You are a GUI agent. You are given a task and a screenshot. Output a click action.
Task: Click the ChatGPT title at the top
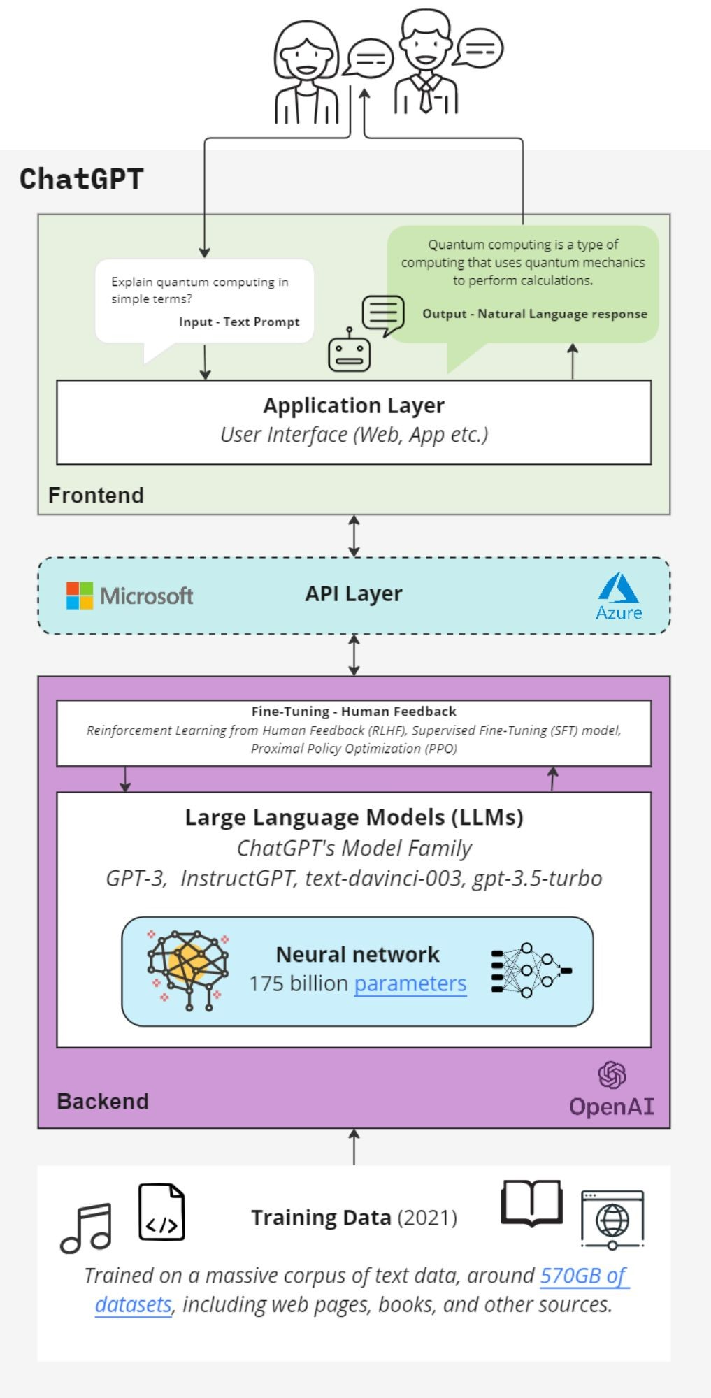[x=81, y=179]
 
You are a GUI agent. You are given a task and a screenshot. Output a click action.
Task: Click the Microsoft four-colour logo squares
[x=80, y=596]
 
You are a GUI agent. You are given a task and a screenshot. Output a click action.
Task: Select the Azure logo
[x=619, y=596]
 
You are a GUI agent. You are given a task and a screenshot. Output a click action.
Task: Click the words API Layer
[x=354, y=594]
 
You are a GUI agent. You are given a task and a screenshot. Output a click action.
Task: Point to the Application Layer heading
[x=354, y=405]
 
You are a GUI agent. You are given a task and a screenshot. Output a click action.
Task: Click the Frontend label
[x=96, y=496]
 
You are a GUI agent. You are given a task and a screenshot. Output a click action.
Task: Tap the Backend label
[x=103, y=1102]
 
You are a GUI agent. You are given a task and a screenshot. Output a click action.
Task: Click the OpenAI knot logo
[x=612, y=1075]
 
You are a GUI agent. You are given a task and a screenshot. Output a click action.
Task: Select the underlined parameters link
[x=410, y=983]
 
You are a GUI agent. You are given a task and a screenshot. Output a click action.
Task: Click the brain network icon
[x=187, y=970]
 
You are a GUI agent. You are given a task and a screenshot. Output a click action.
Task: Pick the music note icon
[x=87, y=1228]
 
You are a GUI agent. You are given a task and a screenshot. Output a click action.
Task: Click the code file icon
[x=161, y=1212]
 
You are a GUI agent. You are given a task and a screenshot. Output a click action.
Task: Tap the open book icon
[x=532, y=1203]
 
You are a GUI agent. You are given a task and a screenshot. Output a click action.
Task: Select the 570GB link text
[x=584, y=1276]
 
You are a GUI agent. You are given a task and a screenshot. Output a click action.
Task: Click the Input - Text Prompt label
[x=239, y=322]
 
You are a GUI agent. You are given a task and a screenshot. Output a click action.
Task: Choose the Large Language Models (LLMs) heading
[x=354, y=817]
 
